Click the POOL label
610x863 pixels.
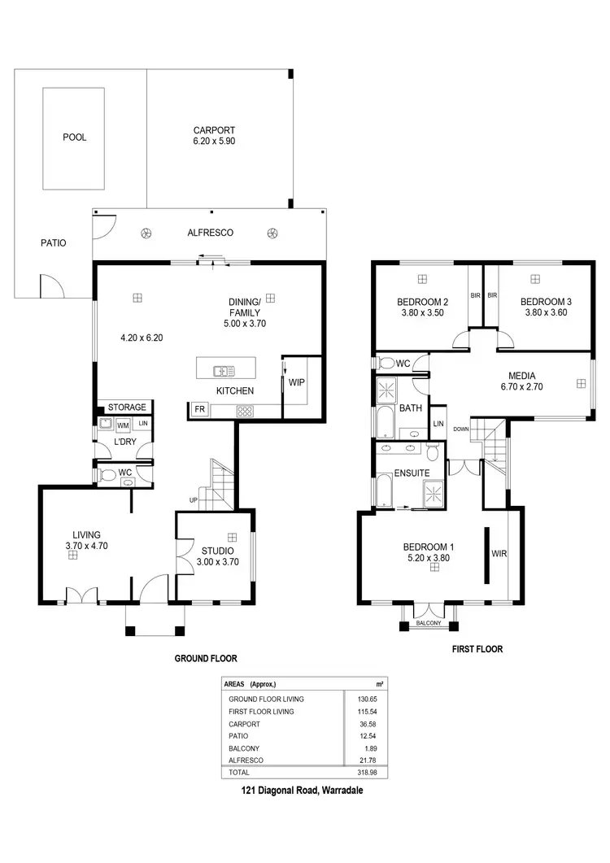pos(74,137)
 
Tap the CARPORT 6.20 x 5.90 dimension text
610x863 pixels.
pos(215,141)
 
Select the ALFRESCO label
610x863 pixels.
pos(210,233)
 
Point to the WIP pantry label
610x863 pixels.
pos(296,381)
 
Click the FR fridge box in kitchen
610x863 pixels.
pos(199,410)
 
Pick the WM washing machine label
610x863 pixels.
pos(124,425)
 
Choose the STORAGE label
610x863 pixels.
pos(128,408)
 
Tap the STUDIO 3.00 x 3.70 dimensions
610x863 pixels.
pos(217,562)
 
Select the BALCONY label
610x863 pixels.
pos(428,623)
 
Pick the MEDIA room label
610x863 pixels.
pos(521,376)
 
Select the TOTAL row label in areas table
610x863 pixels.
pos(239,772)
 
